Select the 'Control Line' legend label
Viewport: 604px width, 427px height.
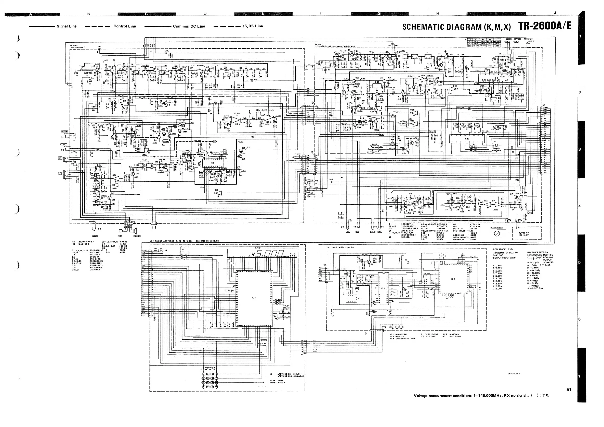124,26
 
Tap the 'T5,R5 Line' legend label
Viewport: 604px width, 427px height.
252,26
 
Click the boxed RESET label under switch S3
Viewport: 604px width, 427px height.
95,236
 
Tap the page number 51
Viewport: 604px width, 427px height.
569,389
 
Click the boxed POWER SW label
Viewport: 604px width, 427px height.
528,39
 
